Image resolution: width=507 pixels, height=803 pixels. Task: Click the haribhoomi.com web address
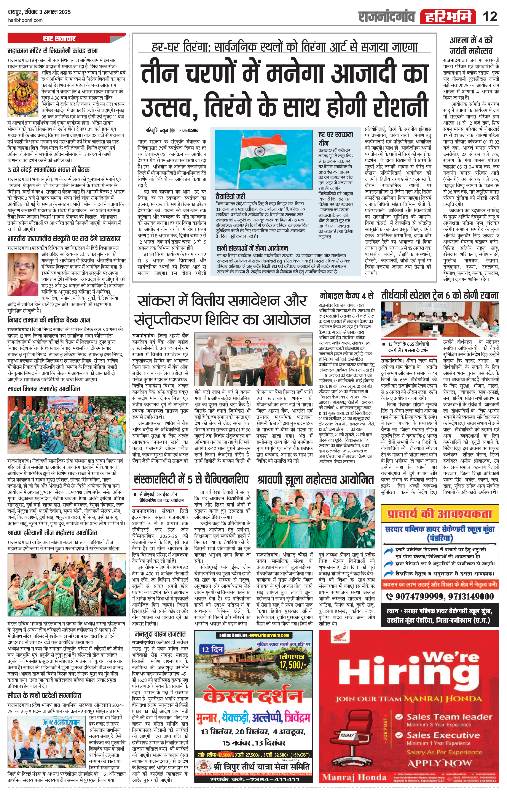tap(25, 20)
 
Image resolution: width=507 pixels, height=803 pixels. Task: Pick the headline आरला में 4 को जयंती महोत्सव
tap(471, 46)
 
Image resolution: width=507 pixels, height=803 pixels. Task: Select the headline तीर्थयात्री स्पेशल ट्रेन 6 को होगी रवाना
tap(440, 295)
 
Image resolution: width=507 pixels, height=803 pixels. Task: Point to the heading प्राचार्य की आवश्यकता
tap(440, 514)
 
